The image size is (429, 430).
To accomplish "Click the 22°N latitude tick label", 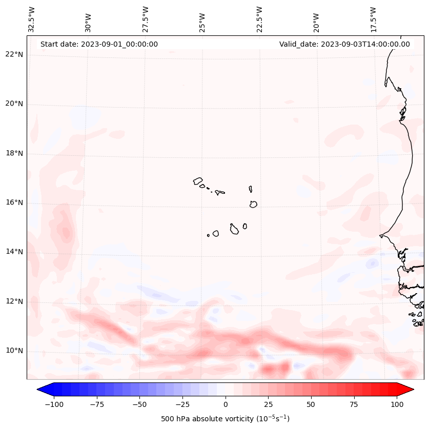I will click(x=14, y=55).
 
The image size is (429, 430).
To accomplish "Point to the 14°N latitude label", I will click(x=14, y=252).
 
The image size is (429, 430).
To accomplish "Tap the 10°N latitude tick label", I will click(x=14, y=351).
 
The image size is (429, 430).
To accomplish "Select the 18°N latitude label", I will click(x=14, y=153).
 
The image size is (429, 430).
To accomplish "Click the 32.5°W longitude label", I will click(x=32, y=19).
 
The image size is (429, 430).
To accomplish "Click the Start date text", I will click(x=99, y=44).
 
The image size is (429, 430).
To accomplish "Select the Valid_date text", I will click(x=344, y=44).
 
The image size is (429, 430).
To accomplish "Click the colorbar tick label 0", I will click(x=225, y=404).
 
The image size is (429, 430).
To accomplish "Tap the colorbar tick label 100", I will click(x=397, y=404).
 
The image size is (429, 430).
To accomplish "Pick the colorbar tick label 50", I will click(x=311, y=404).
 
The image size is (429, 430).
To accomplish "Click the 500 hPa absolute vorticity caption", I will click(x=225, y=419).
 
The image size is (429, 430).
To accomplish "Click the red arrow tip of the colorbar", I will click(x=408, y=390).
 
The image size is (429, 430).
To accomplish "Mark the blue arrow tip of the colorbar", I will click(x=42, y=390).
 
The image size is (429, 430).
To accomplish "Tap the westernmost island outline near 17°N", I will click(x=198, y=181).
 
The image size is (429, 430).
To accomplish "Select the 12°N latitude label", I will click(x=14, y=301).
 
